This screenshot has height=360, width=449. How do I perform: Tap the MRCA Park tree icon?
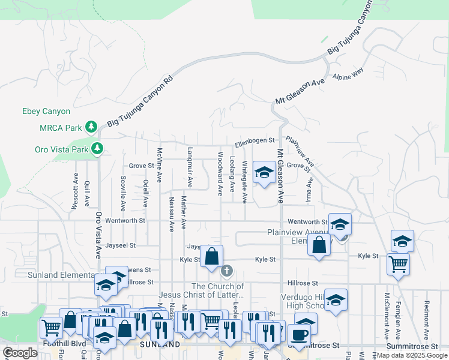click(91, 127)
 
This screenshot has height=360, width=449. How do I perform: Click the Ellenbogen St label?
click(255, 143)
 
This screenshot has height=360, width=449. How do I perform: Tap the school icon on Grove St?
click(263, 173)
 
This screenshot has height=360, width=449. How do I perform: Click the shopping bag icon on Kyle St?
click(211, 257)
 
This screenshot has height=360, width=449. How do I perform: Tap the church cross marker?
click(226, 271)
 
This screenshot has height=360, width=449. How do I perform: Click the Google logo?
click(20, 352)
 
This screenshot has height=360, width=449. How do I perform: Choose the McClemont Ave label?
click(387, 316)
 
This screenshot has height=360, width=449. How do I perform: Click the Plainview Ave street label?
click(300, 152)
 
